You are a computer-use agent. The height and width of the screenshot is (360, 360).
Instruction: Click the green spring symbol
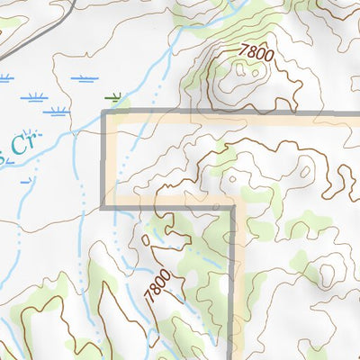(x=112, y=94)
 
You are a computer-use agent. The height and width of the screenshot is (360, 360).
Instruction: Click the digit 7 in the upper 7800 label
(x=243, y=51)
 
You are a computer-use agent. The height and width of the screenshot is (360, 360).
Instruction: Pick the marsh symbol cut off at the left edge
(x=4, y=79)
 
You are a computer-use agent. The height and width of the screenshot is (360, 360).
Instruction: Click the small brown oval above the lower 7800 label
(x=147, y=242)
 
